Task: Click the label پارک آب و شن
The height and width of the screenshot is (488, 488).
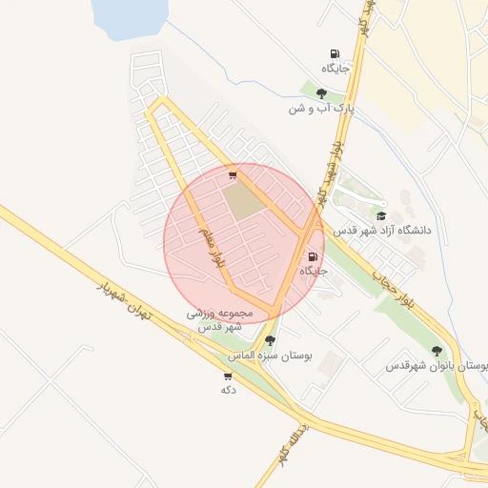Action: coord(321,110)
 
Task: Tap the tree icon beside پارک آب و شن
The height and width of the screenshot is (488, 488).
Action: coord(321,93)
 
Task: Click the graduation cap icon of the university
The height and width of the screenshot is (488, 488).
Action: coord(381,215)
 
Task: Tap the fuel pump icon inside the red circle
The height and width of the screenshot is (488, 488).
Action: coord(313,256)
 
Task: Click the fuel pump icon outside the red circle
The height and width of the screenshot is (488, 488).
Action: coord(334,53)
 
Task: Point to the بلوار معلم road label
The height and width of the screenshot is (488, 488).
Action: coord(212,246)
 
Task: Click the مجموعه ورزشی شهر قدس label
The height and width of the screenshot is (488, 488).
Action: coord(220,319)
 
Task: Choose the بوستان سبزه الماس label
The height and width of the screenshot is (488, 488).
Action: coord(270,356)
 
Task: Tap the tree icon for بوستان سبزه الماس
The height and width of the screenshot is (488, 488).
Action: coord(270,340)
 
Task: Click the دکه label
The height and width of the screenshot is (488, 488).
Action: coord(228,390)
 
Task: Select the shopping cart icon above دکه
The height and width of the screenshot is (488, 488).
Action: coord(228,376)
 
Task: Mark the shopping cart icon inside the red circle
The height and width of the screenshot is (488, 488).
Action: coord(233,175)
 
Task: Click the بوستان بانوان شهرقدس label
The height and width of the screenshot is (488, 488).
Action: coord(437,366)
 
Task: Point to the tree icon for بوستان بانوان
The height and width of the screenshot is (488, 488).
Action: coord(437,351)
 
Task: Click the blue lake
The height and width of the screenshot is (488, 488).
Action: coord(130,16)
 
